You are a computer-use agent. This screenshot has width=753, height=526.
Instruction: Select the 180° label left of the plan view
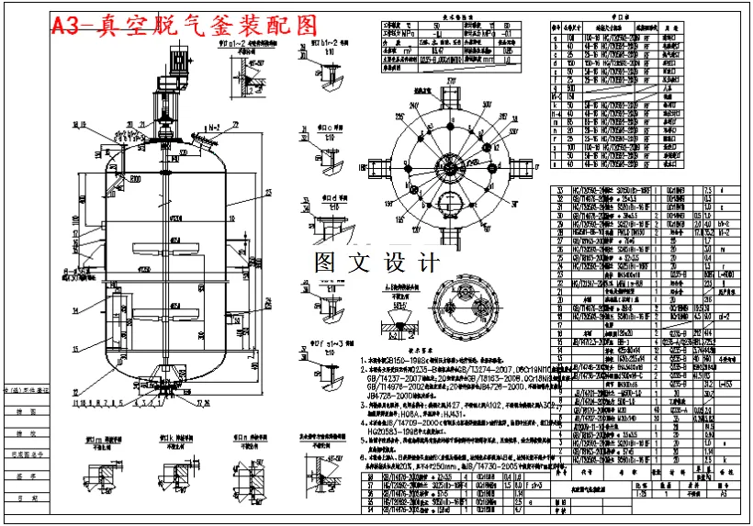(362, 169)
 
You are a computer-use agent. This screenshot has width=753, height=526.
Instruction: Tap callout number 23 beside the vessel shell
(242, 193)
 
